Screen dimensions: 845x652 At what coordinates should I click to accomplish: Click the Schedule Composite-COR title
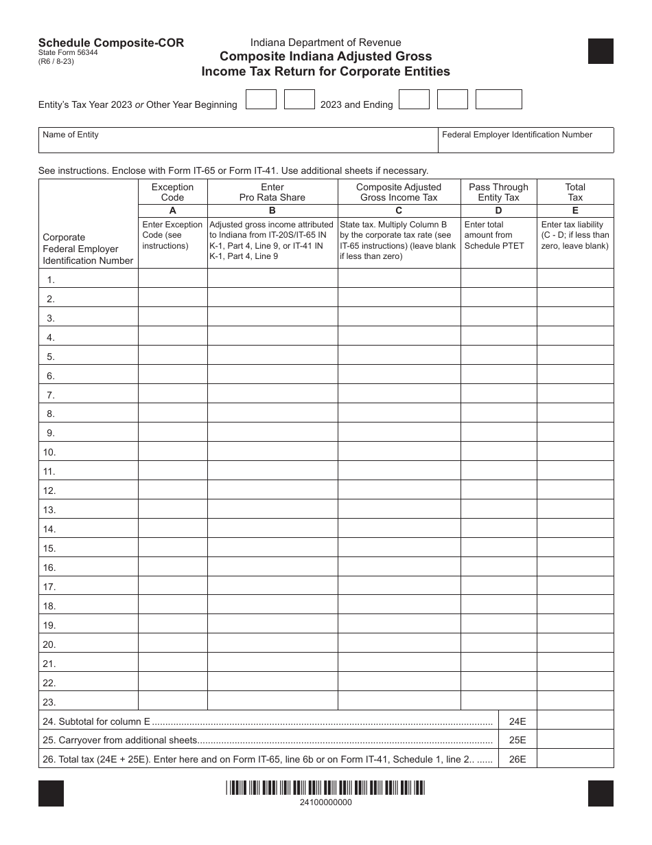pos(111,43)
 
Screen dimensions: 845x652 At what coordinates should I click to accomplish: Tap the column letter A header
pos(172,211)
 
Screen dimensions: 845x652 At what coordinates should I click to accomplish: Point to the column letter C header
pos(399,211)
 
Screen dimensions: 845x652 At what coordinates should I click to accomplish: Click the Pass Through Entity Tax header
pos(498,192)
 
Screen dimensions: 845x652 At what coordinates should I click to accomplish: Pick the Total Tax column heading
pos(575,192)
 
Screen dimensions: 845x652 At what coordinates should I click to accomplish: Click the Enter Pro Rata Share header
pos(272,192)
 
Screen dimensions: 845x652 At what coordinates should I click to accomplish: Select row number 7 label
pos(51,395)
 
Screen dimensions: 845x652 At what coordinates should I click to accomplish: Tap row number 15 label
pos(49,548)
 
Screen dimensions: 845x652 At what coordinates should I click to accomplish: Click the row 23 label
pos(49,702)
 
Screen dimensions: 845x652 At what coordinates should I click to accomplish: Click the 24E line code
pos(517,721)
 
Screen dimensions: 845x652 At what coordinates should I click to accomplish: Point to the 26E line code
pos(517,760)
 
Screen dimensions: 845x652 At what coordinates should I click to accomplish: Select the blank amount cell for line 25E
pos(575,741)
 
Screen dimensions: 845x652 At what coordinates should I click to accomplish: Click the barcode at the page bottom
pos(326,788)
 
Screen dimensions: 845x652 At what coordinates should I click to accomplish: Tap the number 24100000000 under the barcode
pos(326,802)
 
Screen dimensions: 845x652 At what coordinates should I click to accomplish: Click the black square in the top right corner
pos(601,51)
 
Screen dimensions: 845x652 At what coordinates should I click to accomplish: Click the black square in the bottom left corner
pos(51,793)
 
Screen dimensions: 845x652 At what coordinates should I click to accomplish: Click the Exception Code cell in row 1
pos(172,278)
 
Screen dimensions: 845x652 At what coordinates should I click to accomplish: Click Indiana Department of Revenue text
pos(325,43)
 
